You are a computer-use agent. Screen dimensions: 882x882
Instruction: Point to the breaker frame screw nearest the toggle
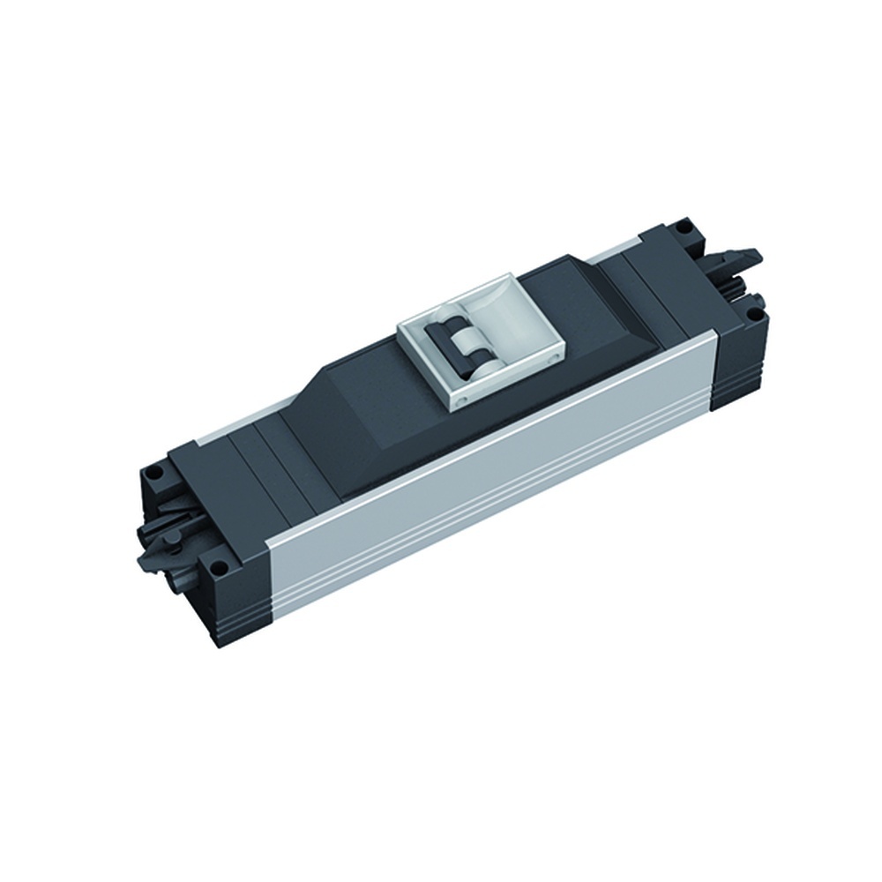point(458,398)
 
